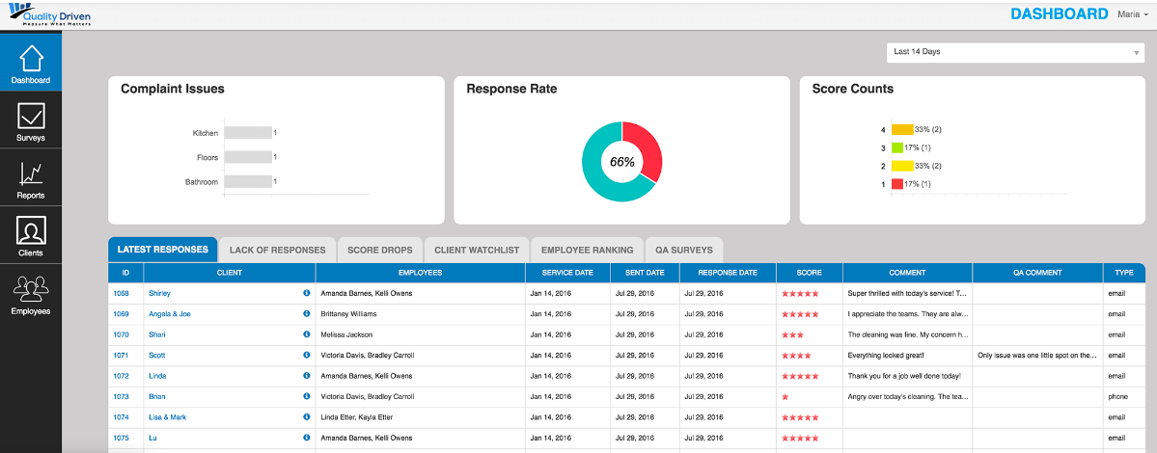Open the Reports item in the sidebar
[31, 178]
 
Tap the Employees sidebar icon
[31, 293]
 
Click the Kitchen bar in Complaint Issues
[247, 133]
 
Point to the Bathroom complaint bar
[247, 181]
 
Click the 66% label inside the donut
[622, 162]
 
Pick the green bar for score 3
[897, 147]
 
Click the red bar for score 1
[897, 184]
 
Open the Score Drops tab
[379, 250]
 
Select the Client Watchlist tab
[477, 250]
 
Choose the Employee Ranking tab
[587, 250]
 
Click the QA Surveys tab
[683, 250]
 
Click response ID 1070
[121, 334]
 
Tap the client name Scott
[157, 355]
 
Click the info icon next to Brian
[307, 396]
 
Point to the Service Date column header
[568, 273]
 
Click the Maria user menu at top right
[1132, 14]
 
